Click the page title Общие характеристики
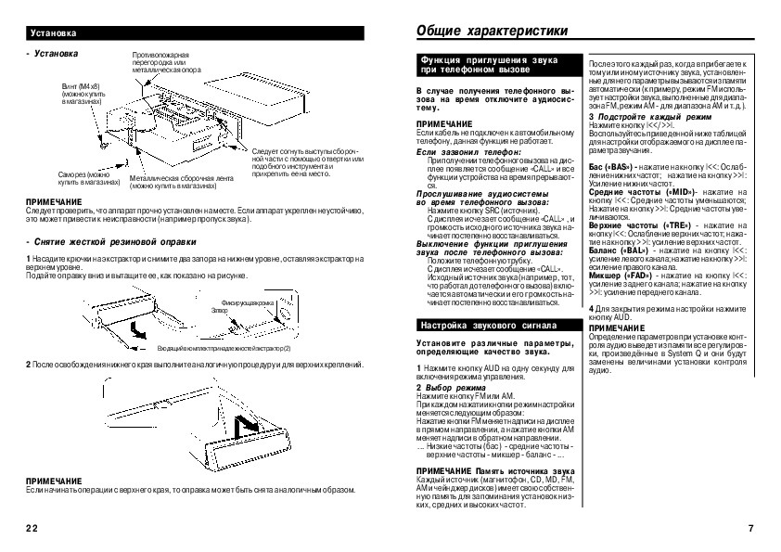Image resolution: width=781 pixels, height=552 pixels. coord(492,31)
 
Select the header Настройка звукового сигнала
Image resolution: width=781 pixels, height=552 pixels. coord(489,327)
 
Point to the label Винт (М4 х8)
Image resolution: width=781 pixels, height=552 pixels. coord(81,83)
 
